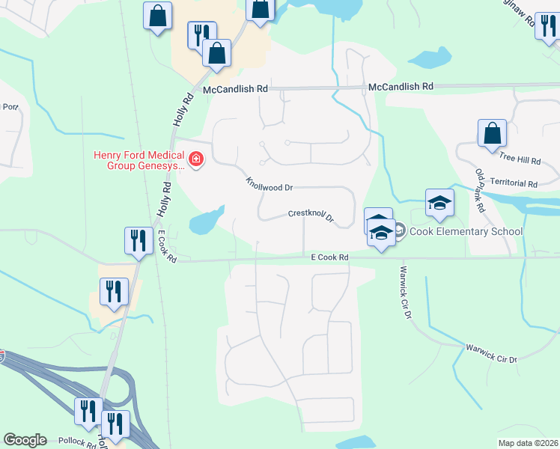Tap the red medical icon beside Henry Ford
coord(196,159)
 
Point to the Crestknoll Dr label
coord(310,216)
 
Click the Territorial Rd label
coord(513,183)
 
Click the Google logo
coord(25,440)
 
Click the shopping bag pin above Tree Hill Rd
coord(493,134)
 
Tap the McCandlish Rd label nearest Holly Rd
coord(236,89)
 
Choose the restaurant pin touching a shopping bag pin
coord(201,35)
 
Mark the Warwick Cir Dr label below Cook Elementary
coord(406,292)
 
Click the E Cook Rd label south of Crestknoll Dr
coord(330,257)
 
